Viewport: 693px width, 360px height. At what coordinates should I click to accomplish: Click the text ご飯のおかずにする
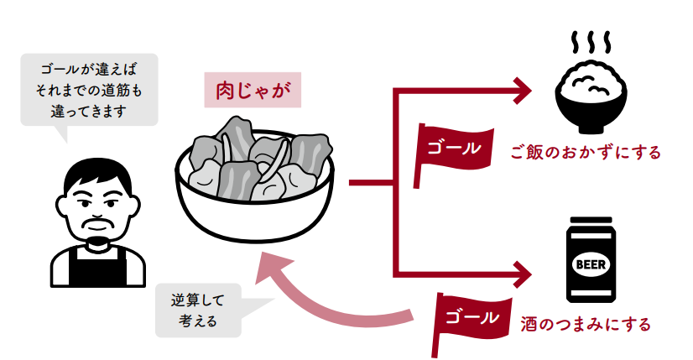585,153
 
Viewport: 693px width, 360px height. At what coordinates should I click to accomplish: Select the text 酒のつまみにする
585,321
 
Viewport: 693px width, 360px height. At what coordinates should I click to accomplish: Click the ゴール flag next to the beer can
470,317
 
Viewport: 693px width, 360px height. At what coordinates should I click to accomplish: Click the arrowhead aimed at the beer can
524,272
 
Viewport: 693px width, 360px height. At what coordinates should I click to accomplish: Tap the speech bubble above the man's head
89,89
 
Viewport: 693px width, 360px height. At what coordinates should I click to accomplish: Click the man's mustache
99,223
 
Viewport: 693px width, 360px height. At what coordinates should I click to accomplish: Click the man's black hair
99,172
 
